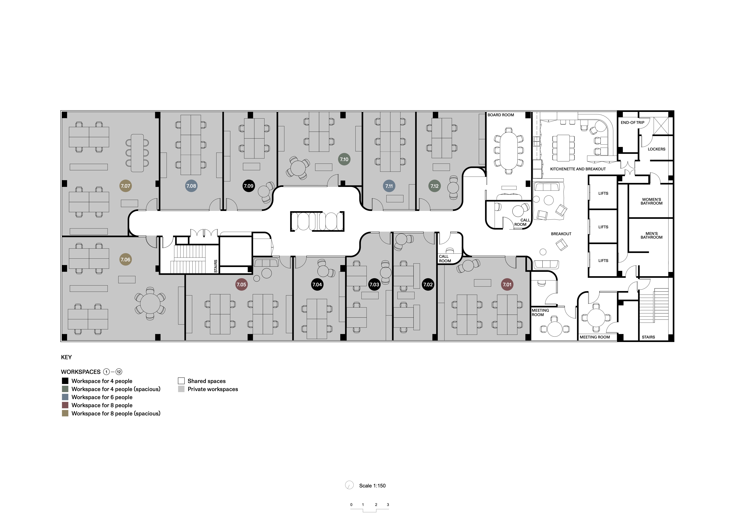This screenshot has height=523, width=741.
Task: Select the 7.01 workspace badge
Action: [x=507, y=285]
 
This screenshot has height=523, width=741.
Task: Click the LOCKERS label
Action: [x=656, y=149]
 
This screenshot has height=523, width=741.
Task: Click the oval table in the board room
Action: [x=509, y=151]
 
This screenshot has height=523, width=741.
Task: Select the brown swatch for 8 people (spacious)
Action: [x=65, y=413]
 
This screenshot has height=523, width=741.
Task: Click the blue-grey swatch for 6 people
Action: [x=65, y=397]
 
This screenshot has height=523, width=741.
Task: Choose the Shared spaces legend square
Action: [x=181, y=381]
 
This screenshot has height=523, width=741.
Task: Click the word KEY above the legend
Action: [x=67, y=357]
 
